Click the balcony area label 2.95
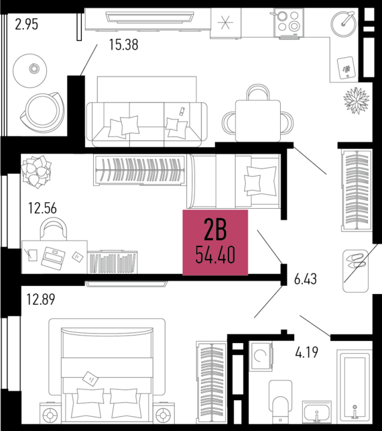pyautogui.click(x=26, y=24)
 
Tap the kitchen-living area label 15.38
pyautogui.click(x=123, y=44)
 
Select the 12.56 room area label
pyautogui.click(x=42, y=208)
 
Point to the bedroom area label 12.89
pyautogui.click(x=41, y=299)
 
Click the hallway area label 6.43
pyautogui.click(x=306, y=279)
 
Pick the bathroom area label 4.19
pyautogui.click(x=307, y=352)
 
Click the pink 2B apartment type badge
pyautogui.click(x=215, y=242)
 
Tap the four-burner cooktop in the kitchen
pyautogui.click(x=289, y=23)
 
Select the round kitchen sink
pyautogui.click(x=344, y=23)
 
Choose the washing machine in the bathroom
pyautogui.click(x=261, y=356)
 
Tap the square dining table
pyautogui.click(x=258, y=121)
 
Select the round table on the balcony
pyautogui.click(x=30, y=70)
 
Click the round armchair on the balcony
pyautogui.click(x=42, y=112)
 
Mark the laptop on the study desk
pyautogui.click(x=53, y=258)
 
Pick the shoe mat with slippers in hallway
pyautogui.click(x=356, y=271)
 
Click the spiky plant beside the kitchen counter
pyautogui.click(x=357, y=100)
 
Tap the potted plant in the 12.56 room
pyautogui.click(x=36, y=171)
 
